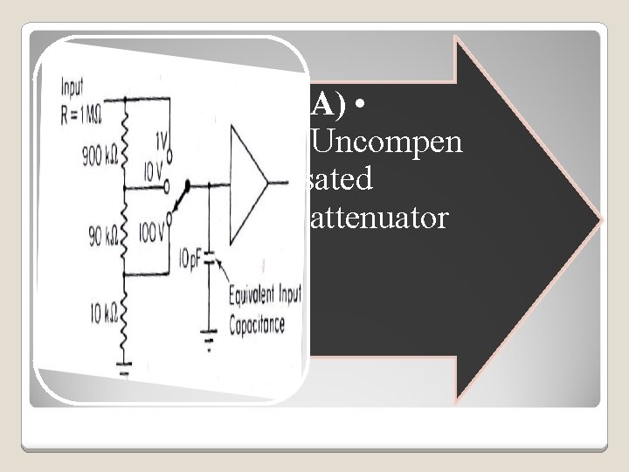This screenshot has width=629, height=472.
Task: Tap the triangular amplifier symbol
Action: click(x=248, y=183)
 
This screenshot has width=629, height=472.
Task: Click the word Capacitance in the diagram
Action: click(x=258, y=325)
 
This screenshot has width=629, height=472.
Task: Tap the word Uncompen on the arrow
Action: click(x=387, y=142)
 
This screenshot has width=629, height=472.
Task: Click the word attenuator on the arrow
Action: click(x=378, y=218)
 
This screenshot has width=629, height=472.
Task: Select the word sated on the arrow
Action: click(x=342, y=179)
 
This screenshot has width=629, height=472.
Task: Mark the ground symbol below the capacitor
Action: click(x=210, y=334)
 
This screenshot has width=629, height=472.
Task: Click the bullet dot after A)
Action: click(x=360, y=105)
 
